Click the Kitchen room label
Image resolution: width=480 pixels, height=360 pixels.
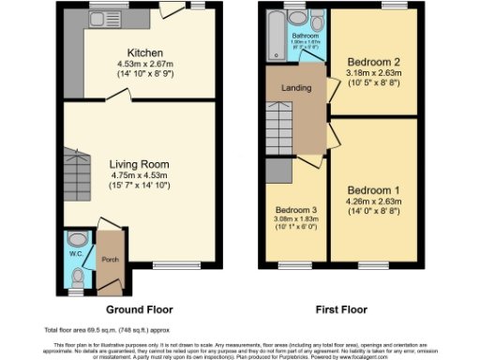146,52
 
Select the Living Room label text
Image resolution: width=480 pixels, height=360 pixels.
145,162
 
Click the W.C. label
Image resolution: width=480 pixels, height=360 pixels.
77,252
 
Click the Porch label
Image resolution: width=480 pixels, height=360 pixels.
109,260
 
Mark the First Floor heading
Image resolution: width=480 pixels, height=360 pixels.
340,308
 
